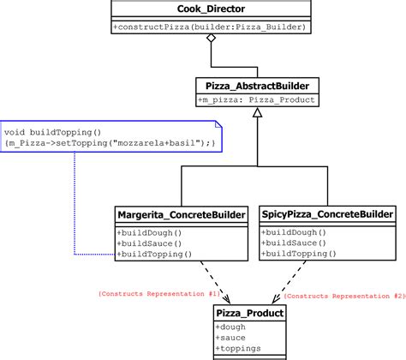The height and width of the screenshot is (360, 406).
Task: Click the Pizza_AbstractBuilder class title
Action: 258,85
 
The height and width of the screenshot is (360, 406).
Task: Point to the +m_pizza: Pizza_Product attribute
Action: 258,100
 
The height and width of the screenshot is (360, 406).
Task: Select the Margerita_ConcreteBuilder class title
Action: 181,213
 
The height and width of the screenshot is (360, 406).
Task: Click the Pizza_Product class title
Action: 249,314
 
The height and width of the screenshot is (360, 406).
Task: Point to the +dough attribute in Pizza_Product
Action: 232,327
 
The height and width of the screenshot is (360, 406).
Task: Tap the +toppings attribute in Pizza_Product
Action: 239,350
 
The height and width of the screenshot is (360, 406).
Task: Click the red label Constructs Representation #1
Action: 159,293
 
